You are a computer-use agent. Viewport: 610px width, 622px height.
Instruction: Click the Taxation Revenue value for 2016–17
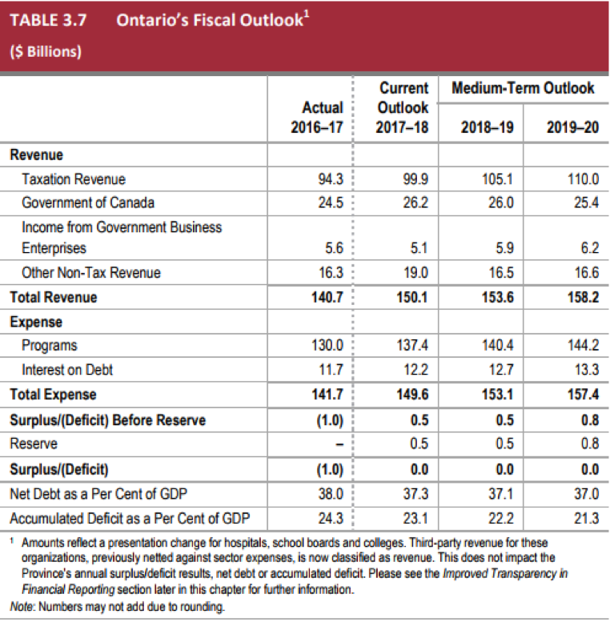(x=331, y=179)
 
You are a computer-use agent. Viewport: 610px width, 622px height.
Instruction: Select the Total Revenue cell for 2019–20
(x=583, y=297)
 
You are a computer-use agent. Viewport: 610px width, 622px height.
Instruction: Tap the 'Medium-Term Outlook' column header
(x=523, y=88)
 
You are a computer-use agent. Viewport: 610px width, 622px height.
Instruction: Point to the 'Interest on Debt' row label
(x=67, y=370)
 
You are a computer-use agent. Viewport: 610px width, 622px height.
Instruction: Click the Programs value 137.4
(x=412, y=345)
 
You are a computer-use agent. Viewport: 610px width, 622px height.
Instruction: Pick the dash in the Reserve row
(x=339, y=444)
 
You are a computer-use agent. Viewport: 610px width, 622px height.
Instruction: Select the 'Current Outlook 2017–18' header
(x=402, y=107)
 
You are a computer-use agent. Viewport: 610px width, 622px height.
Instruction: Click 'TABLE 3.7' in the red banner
(x=48, y=20)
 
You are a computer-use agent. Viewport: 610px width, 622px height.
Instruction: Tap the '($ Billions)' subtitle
(x=46, y=51)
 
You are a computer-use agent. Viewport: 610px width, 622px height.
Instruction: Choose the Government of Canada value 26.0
(x=500, y=203)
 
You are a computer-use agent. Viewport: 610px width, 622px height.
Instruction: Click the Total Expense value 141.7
(x=327, y=395)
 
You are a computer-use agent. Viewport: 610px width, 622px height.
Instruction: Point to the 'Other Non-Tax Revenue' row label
(x=91, y=272)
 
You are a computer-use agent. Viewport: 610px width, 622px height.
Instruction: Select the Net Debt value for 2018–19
(x=500, y=494)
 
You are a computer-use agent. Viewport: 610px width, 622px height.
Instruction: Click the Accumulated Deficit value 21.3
(x=586, y=518)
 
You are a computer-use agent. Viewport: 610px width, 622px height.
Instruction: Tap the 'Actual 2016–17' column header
(x=317, y=118)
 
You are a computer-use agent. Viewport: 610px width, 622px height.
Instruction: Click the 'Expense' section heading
(x=36, y=322)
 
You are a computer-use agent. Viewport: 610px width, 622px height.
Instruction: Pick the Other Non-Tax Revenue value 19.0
(x=415, y=272)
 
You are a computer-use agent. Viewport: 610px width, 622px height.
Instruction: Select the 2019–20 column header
(x=572, y=127)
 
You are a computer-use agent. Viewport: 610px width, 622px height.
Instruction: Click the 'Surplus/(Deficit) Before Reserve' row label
(x=108, y=420)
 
